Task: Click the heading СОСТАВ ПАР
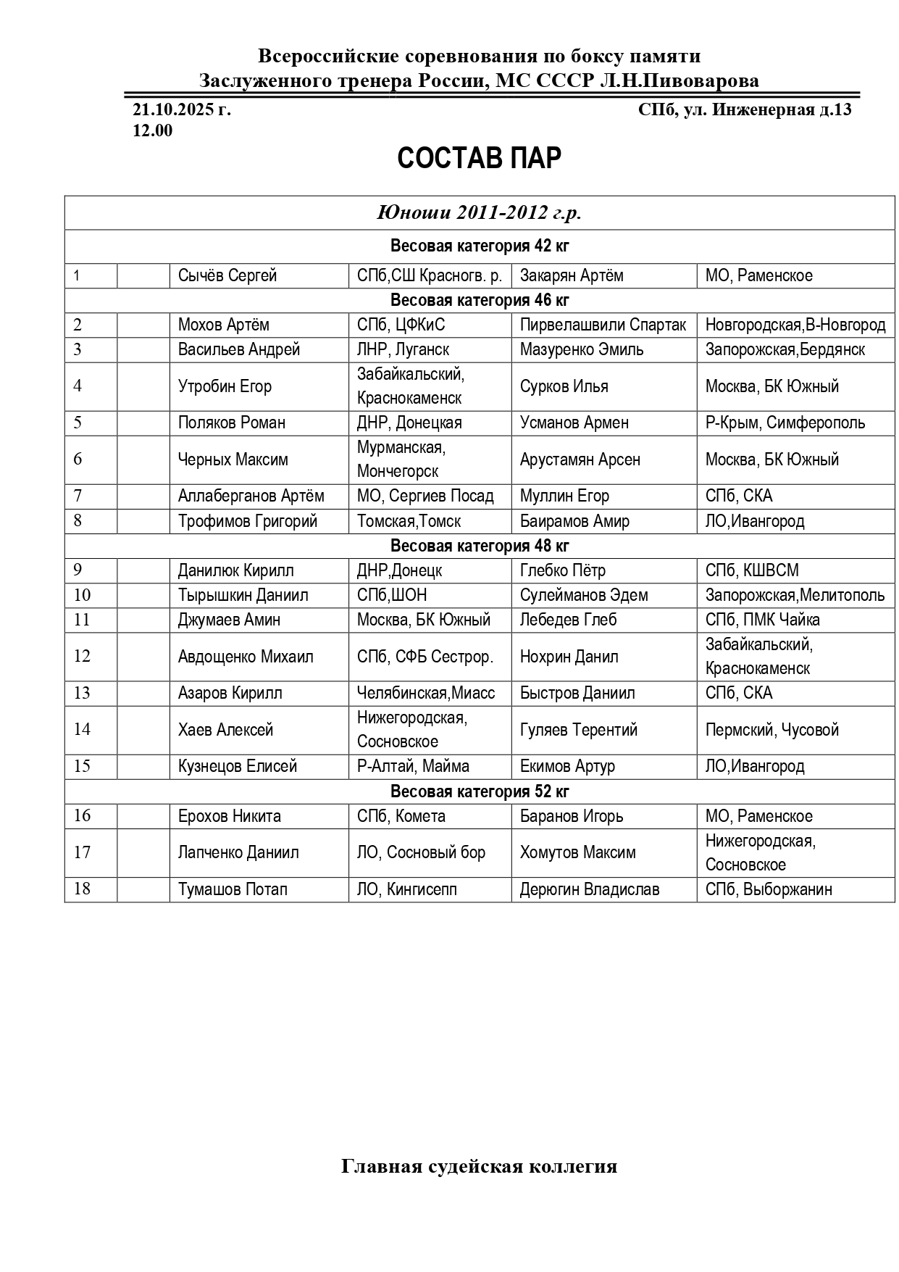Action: [x=479, y=159]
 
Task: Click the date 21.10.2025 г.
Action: [x=182, y=110]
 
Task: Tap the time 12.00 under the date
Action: [x=152, y=130]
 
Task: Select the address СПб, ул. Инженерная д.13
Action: [x=745, y=110]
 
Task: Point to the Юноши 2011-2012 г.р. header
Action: [x=479, y=213]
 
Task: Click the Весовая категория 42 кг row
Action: [x=479, y=246]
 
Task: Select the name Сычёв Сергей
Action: [x=227, y=275]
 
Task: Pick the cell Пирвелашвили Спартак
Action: [x=603, y=325]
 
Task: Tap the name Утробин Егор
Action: [x=225, y=386]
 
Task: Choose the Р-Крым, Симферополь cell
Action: [x=785, y=423]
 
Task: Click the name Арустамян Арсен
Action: [x=580, y=460]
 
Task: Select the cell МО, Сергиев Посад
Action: [x=425, y=496]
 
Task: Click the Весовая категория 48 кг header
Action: [x=479, y=545]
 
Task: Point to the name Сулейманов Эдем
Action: [x=584, y=595]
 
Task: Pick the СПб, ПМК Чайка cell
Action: [x=763, y=620]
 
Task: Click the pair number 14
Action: [x=82, y=729]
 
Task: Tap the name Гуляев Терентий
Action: [x=579, y=730]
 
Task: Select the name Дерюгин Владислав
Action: [x=590, y=889]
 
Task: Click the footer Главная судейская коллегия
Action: [x=479, y=1166]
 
